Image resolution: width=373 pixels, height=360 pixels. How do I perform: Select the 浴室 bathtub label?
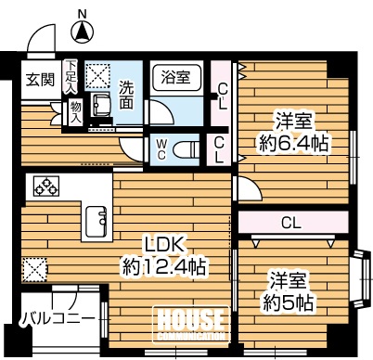175,77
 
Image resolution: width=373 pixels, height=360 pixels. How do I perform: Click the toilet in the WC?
186,150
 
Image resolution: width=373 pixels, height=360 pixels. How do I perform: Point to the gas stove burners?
46,186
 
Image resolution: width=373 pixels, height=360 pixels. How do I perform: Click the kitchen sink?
96,222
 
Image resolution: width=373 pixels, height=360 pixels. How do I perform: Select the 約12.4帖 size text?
164,267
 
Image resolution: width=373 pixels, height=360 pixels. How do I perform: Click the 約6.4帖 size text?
293,143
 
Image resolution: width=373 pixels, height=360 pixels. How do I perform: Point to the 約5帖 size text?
288,302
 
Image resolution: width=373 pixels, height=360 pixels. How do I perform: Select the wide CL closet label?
291,223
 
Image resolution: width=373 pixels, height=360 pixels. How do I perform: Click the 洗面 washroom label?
126,95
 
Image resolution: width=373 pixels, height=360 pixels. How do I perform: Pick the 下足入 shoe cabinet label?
71,77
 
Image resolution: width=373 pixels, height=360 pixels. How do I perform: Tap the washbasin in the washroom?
101,105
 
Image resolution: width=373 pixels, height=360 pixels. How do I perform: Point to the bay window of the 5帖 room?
362,279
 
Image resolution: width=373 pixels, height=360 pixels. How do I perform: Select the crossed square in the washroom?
97,76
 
